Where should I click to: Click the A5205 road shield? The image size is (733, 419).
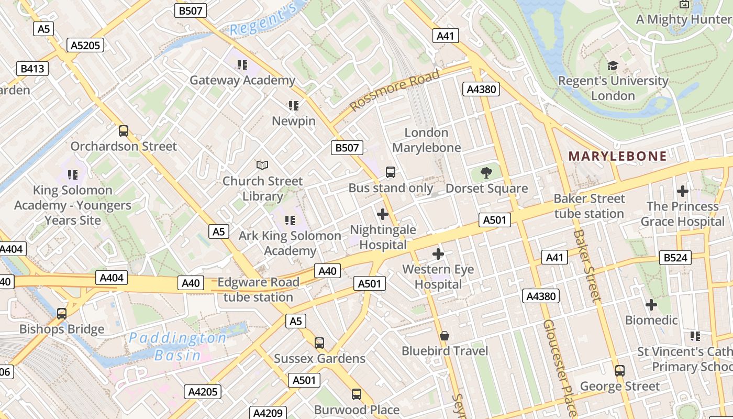(x=85, y=46)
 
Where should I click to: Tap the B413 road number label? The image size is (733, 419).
(x=32, y=69)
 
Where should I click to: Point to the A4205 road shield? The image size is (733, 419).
(x=203, y=392)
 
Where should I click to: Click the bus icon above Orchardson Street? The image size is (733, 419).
(x=124, y=131)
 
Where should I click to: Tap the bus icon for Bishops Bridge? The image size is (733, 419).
(x=62, y=314)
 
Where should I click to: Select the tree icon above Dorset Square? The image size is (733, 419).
(x=486, y=173)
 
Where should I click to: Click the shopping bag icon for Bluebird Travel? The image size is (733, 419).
(x=445, y=336)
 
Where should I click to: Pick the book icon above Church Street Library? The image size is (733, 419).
(x=262, y=166)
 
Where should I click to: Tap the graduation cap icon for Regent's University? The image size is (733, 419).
(x=613, y=65)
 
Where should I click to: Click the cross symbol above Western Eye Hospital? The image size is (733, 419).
(x=438, y=255)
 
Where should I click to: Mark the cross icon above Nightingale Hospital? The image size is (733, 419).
(x=383, y=214)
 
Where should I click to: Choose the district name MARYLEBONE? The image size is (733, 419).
(x=618, y=156)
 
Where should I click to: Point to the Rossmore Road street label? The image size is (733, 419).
(x=395, y=91)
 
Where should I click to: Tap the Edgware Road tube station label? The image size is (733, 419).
(x=258, y=290)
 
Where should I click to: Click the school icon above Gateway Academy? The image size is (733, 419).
(x=242, y=65)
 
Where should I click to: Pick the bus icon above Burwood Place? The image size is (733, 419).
(x=357, y=394)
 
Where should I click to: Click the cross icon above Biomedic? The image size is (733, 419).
(x=651, y=305)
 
